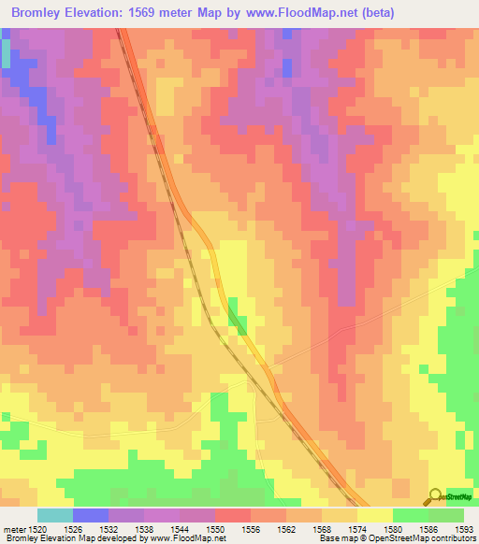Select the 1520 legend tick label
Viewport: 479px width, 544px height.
38,530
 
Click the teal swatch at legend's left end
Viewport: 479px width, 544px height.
55,515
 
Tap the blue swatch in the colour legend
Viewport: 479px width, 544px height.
91,515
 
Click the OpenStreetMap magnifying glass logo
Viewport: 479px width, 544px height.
435,496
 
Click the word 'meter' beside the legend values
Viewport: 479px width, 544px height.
13,530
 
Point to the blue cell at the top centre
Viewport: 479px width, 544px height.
286,67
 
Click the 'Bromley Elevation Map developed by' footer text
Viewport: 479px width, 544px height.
75,539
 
